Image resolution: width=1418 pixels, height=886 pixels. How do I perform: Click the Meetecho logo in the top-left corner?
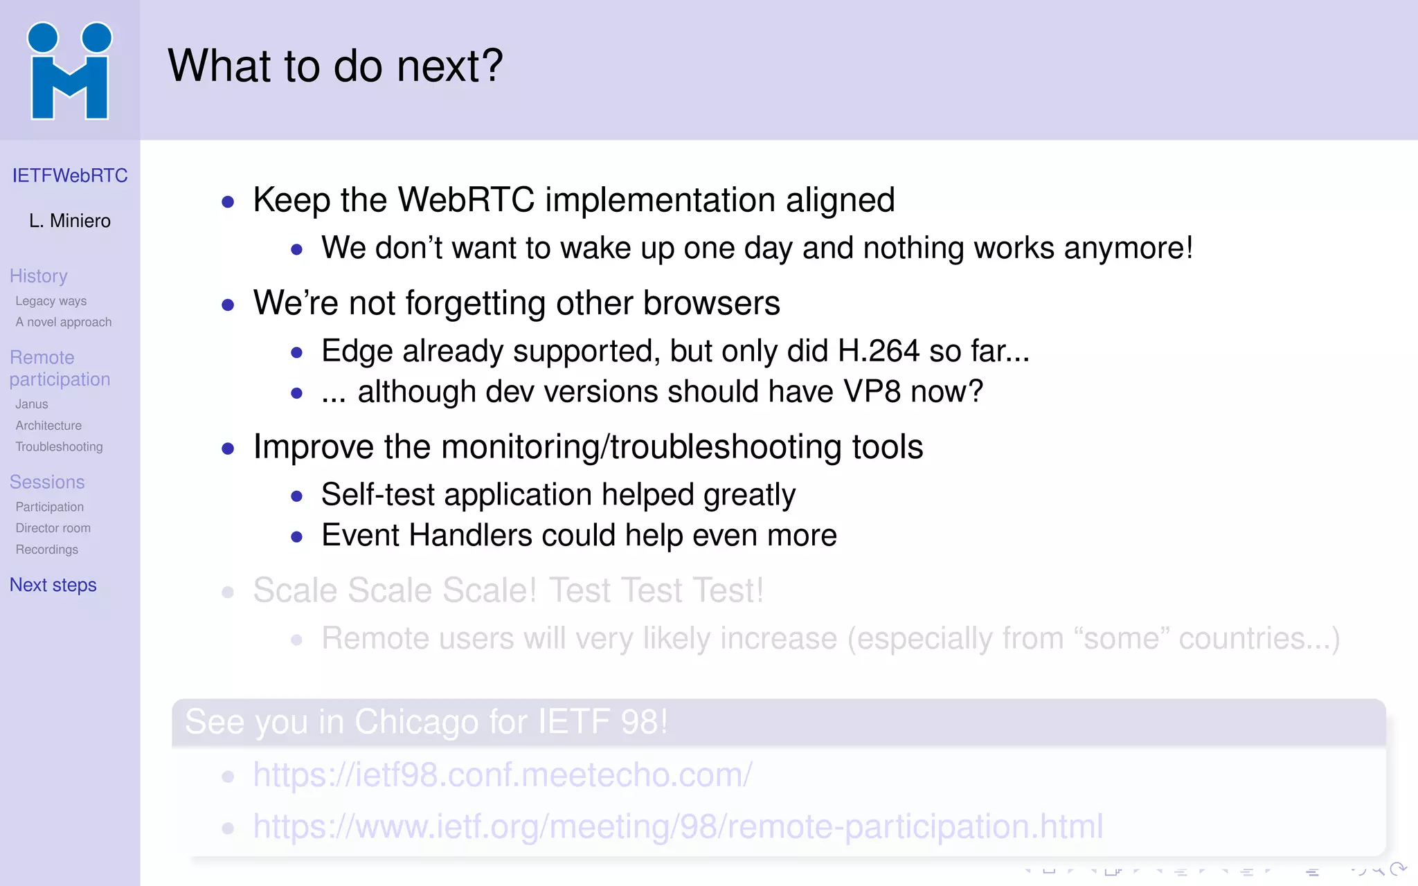(69, 71)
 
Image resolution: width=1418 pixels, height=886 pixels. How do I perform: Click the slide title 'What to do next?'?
(335, 66)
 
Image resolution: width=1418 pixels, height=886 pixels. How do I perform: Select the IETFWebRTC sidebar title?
(70, 176)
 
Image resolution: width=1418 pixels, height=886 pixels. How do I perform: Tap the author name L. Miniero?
(70, 221)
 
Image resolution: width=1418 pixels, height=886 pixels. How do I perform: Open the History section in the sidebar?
(39, 276)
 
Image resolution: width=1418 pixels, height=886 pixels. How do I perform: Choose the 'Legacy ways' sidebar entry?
(51, 301)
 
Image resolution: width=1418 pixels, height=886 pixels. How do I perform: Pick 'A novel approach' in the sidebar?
(64, 323)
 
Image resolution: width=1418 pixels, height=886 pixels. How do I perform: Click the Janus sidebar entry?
(32, 404)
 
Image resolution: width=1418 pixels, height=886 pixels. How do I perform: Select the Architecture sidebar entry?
(48, 426)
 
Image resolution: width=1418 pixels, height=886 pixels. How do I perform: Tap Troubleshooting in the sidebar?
(59, 447)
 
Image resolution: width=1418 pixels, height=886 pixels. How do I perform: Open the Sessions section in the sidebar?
(47, 482)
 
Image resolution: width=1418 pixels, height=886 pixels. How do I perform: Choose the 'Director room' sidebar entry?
(53, 528)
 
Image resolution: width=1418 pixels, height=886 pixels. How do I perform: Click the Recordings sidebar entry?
(47, 550)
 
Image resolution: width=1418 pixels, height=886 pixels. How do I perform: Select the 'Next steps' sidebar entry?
(53, 586)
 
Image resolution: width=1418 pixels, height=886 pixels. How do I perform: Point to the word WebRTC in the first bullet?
(466, 200)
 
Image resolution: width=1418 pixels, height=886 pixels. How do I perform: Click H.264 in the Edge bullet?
(879, 351)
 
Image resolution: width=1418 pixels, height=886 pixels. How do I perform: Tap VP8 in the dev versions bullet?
(872, 392)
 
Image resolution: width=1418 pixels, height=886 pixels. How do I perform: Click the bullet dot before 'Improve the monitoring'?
(228, 449)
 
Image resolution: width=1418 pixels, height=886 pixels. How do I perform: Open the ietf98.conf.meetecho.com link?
(502, 775)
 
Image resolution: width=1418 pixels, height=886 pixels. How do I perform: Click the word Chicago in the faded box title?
(416, 722)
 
